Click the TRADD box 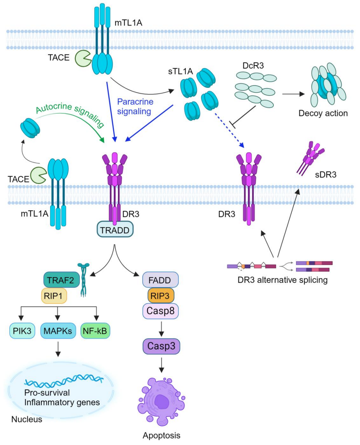pyautogui.click(x=115, y=230)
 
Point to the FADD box pyautogui.click(x=161, y=280)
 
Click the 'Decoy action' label pyautogui.click(x=323, y=113)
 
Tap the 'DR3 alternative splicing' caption pyautogui.click(x=283, y=280)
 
